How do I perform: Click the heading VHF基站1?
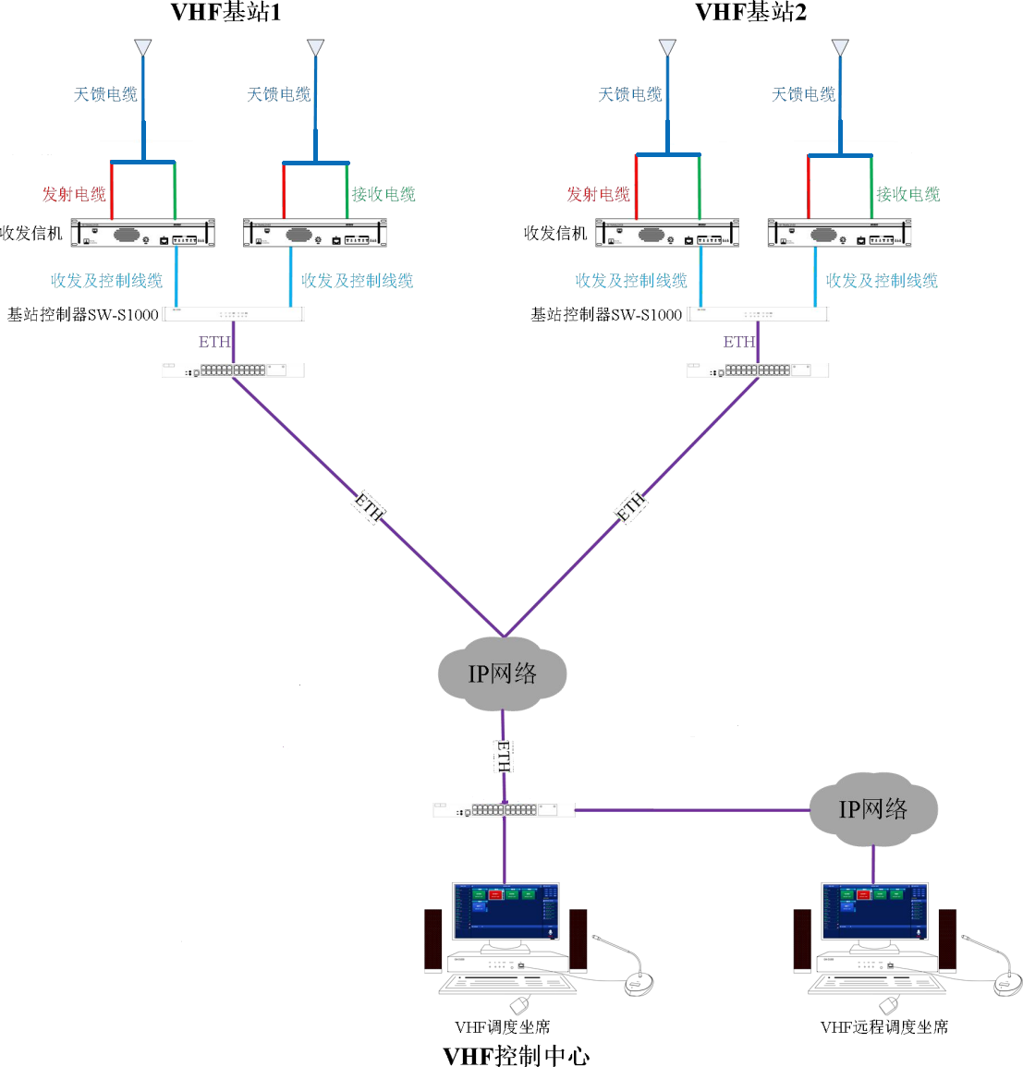click(x=225, y=12)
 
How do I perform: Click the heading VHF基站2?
click(x=750, y=12)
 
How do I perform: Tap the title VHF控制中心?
click(x=516, y=1055)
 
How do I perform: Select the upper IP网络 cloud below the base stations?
click(x=502, y=673)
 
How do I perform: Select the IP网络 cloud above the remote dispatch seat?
click(x=872, y=809)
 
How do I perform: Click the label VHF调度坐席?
click(x=502, y=1026)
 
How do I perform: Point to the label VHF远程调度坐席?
click(x=883, y=1026)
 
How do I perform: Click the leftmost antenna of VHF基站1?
click(x=142, y=46)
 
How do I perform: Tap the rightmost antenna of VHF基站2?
click(x=840, y=46)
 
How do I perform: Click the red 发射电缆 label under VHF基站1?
click(x=74, y=194)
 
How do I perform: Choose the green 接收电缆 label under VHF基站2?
click(x=907, y=194)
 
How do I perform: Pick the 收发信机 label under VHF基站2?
click(x=554, y=233)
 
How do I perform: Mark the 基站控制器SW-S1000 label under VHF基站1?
click(x=83, y=315)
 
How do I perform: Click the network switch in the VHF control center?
click(x=504, y=810)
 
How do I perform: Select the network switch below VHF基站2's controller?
click(x=758, y=370)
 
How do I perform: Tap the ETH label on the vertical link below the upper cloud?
click(x=504, y=756)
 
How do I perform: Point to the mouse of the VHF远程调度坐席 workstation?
click(x=889, y=1004)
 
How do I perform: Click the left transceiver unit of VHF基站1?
click(x=143, y=234)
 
